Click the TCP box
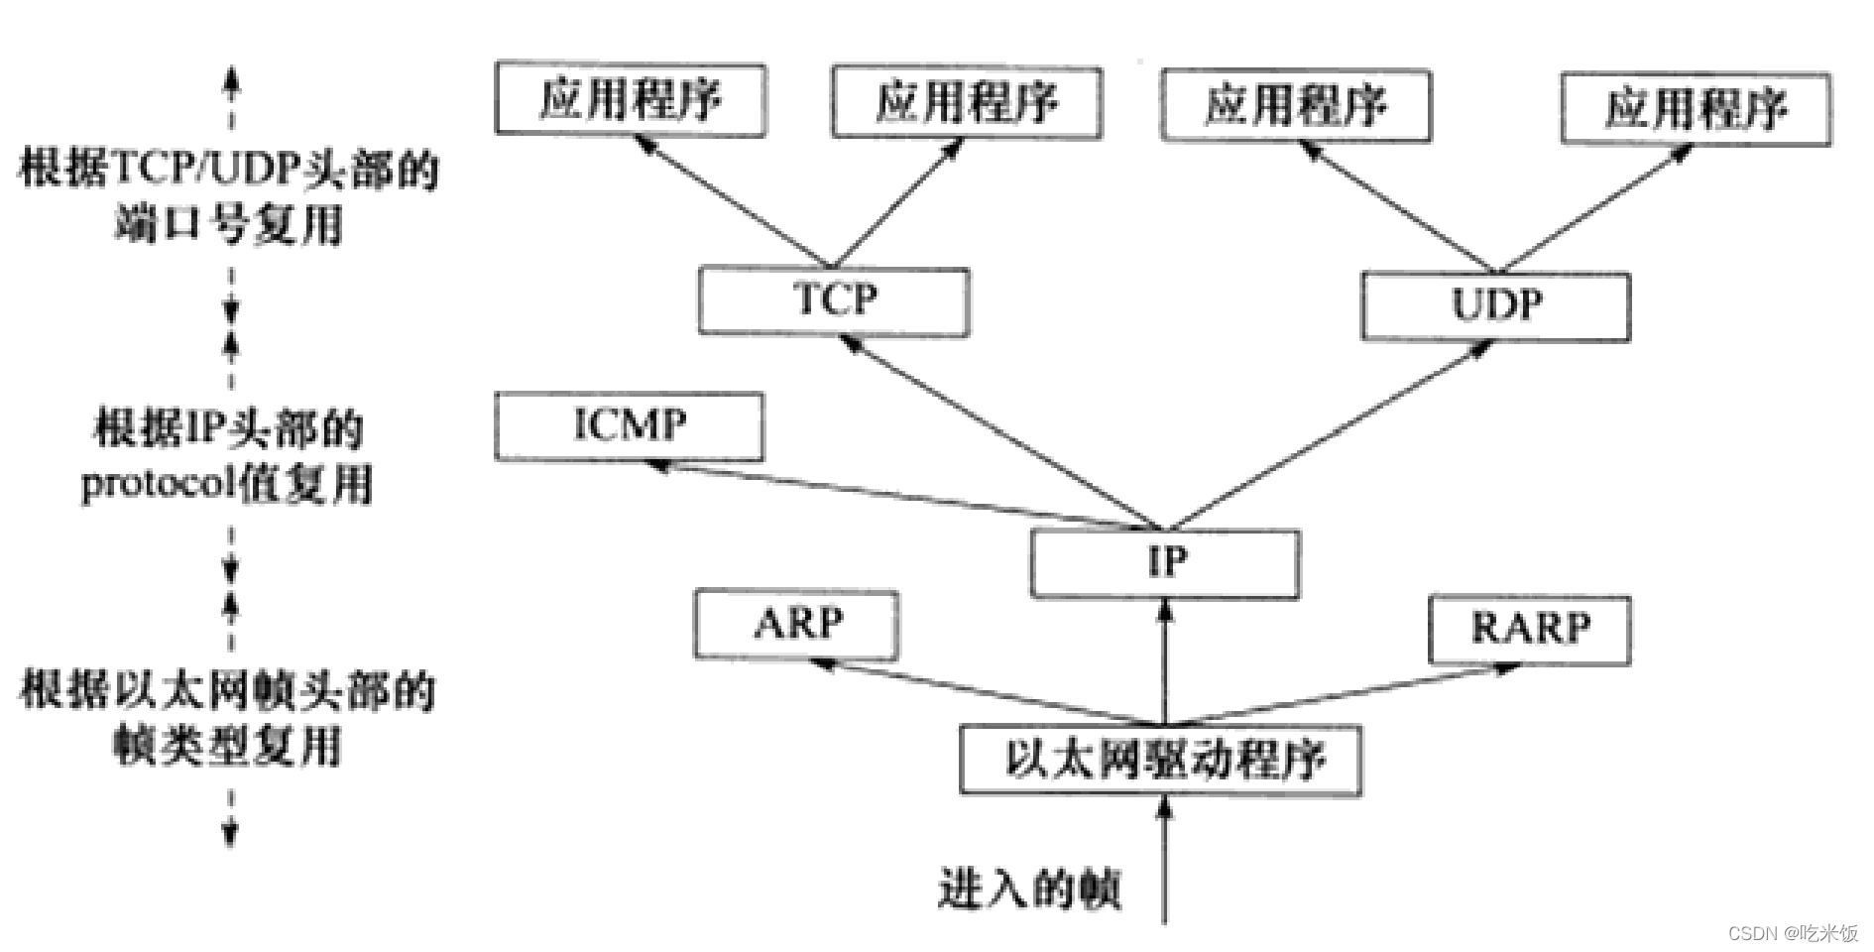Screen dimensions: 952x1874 [x=834, y=300]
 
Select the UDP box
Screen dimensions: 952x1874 [x=1495, y=305]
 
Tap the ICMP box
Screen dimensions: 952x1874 [x=630, y=426]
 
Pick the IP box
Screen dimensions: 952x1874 [x=1165, y=563]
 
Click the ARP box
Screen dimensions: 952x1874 [x=797, y=625]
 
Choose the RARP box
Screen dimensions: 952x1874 [x=1530, y=630]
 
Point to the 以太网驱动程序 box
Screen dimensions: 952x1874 [x=1161, y=761]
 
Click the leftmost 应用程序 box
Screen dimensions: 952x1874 [x=631, y=100]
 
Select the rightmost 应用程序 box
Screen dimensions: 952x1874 [x=1696, y=109]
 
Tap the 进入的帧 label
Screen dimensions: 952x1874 [x=1029, y=889]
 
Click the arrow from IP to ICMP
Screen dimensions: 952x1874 [x=892, y=492]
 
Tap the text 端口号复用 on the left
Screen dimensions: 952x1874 [x=228, y=225]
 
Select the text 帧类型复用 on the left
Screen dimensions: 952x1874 [x=228, y=746]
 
